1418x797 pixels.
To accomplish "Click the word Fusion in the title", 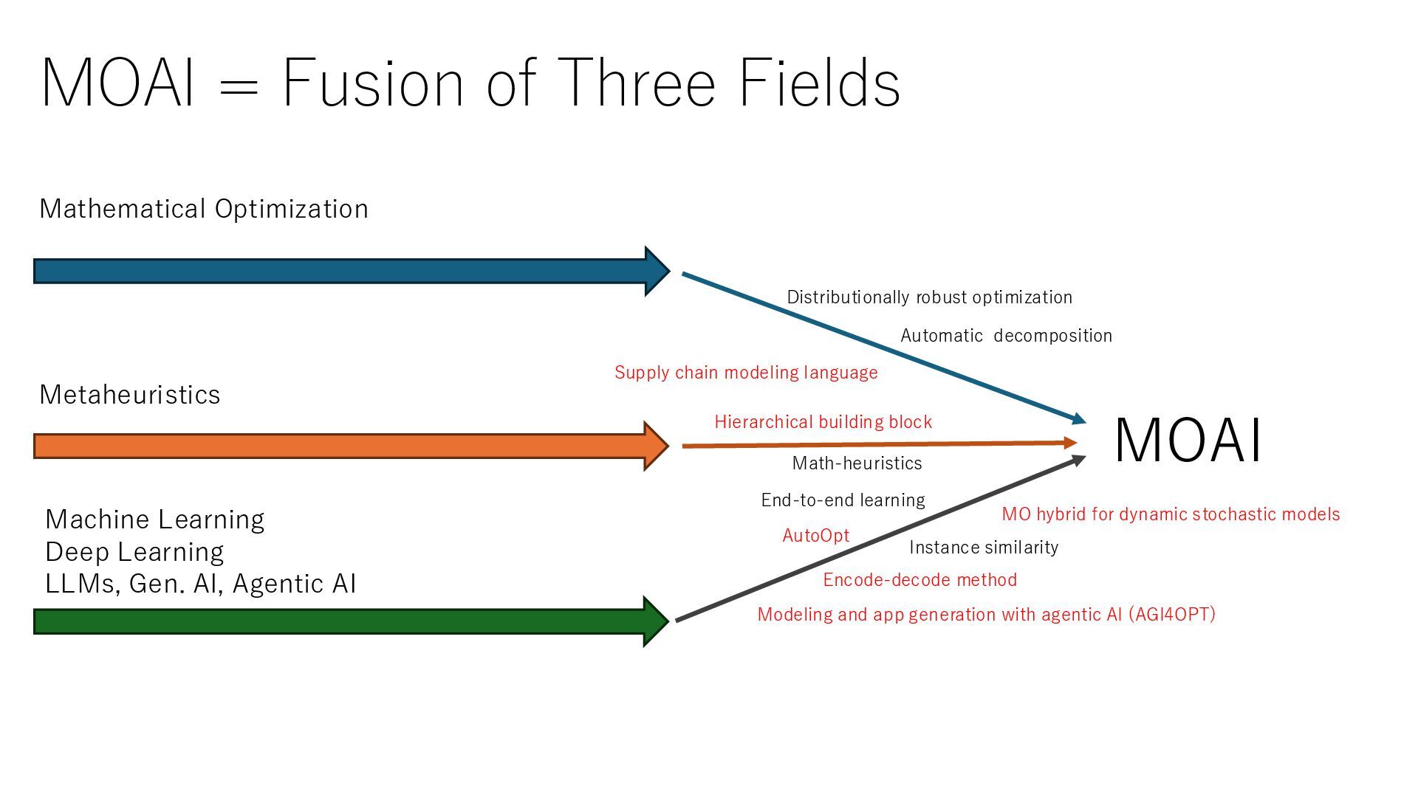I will pyautogui.click(x=373, y=83).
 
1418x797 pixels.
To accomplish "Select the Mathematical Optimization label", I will pyautogui.click(x=204, y=209).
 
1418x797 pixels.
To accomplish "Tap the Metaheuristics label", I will pyautogui.click(x=130, y=395).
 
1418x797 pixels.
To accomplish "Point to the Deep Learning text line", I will pyautogui.click(x=134, y=552).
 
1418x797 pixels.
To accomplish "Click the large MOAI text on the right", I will pyautogui.click(x=1188, y=441).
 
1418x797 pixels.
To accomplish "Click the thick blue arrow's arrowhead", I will pyautogui.click(x=656, y=272).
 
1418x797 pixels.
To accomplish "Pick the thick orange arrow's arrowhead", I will pyautogui.click(x=655, y=446).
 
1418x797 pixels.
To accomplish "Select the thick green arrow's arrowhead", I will pyautogui.click(x=655, y=621).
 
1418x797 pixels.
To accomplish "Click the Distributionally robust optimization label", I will pyautogui.click(x=929, y=297).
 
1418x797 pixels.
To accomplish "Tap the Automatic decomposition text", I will pyautogui.click(x=1006, y=336).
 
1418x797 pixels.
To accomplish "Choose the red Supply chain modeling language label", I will pyautogui.click(x=746, y=373).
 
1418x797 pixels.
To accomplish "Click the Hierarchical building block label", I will pyautogui.click(x=823, y=422).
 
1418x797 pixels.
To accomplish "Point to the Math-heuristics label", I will pyautogui.click(x=857, y=463).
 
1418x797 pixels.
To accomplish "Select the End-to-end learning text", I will pyautogui.click(x=843, y=500).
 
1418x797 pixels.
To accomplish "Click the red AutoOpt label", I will pyautogui.click(x=815, y=536).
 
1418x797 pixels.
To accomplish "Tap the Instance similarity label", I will pyautogui.click(x=984, y=548).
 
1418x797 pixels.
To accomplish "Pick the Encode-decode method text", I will pyautogui.click(x=919, y=580).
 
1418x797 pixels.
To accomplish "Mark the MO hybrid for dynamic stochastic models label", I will pyautogui.click(x=1171, y=514).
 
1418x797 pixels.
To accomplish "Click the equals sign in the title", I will pyautogui.click(x=239, y=87).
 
